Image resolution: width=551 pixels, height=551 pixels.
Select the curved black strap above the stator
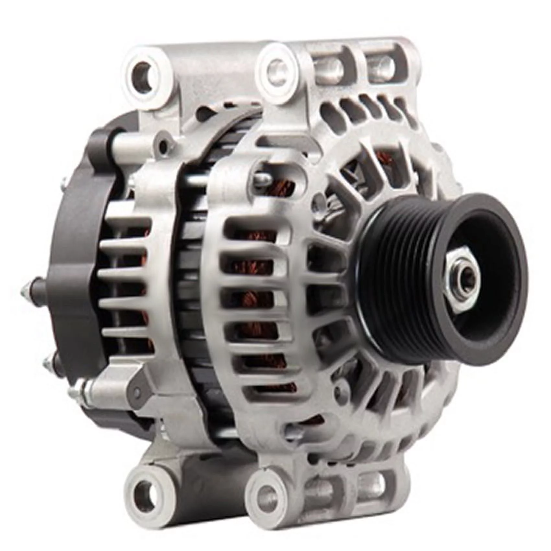point(227,130)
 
